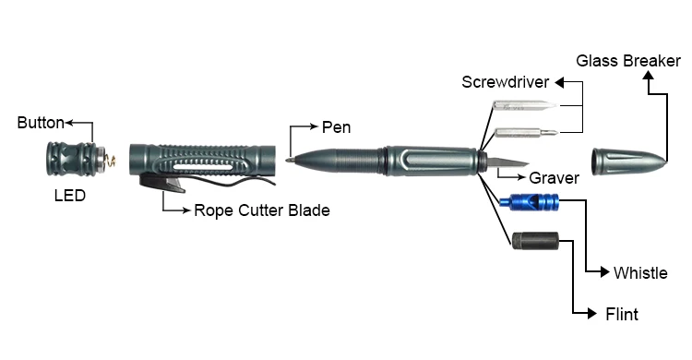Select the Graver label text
[x=554, y=178]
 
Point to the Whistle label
[x=640, y=272]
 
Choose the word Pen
[x=336, y=126]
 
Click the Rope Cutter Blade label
[x=261, y=210]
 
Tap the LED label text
[x=70, y=196]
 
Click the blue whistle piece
[x=528, y=201]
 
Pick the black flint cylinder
[x=534, y=245]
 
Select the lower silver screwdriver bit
[x=521, y=133]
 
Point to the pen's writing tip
[x=290, y=160]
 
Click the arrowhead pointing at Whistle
[x=606, y=272]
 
